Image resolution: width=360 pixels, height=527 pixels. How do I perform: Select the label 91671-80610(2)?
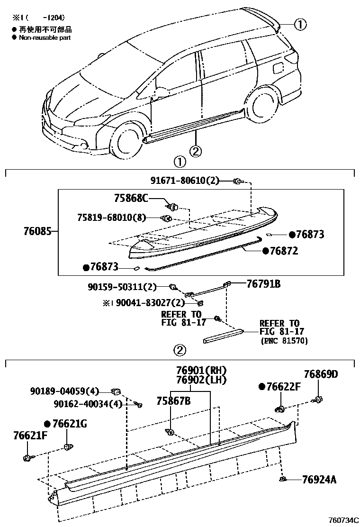(185, 181)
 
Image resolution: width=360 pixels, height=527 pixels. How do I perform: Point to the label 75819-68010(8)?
(111, 218)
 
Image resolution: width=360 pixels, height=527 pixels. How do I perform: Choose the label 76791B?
(263, 284)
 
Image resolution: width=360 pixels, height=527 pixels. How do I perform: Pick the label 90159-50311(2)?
(122, 287)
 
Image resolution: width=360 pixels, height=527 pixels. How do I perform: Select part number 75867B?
(173, 401)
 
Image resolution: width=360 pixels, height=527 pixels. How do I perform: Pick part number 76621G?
(70, 424)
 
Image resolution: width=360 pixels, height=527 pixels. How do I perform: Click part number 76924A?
(319, 480)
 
